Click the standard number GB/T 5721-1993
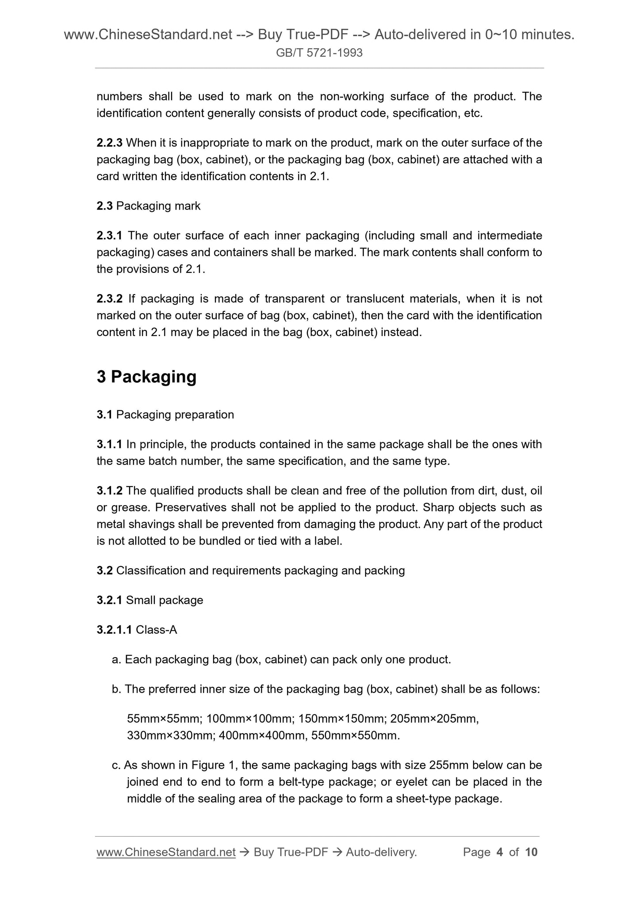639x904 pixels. (319, 53)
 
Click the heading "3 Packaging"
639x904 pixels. (146, 377)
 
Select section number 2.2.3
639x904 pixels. (109, 143)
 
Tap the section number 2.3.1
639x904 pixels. (109, 236)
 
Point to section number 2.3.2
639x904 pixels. (109, 299)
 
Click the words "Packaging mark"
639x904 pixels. (158, 206)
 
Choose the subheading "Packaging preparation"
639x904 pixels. (175, 415)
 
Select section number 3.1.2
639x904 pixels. (109, 491)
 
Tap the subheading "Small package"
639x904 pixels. (165, 600)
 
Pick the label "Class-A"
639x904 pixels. (157, 630)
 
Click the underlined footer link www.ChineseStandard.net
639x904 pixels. (166, 852)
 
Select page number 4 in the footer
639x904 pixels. (500, 852)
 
